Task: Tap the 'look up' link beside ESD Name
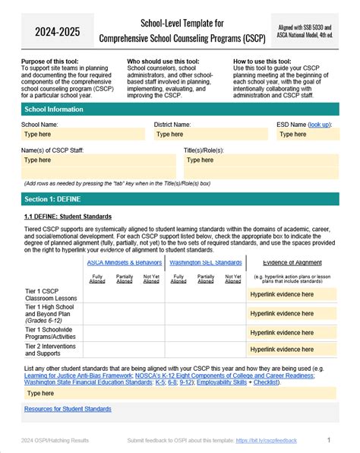[x=318, y=124]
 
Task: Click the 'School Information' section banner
[x=180, y=109]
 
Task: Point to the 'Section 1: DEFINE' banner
[x=180, y=199]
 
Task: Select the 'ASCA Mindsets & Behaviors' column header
[x=124, y=262]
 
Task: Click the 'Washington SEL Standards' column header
[x=206, y=262]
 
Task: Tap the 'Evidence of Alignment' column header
[x=292, y=262]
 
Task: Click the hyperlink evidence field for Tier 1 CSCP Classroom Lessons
[x=292, y=294]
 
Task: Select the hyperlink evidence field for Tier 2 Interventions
[x=292, y=350]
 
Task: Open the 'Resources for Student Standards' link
[x=69, y=408]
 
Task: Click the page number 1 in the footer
[x=329, y=439]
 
